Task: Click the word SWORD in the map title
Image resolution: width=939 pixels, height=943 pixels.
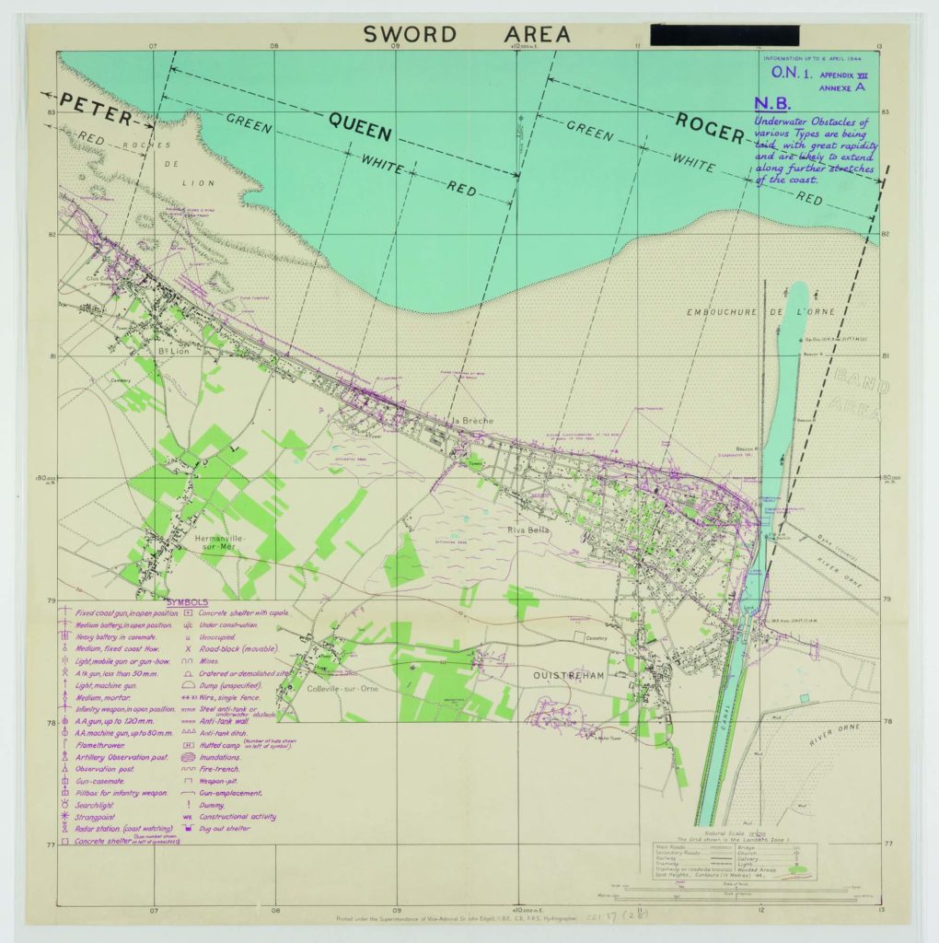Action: click(409, 35)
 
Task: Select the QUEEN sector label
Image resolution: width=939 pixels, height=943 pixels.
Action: click(360, 126)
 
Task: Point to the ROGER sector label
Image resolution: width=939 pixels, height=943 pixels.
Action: click(709, 127)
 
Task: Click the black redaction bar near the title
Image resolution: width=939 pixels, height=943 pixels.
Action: click(724, 35)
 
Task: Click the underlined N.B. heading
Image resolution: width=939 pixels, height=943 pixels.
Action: click(771, 104)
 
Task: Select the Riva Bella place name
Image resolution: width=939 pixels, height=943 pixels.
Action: click(527, 530)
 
